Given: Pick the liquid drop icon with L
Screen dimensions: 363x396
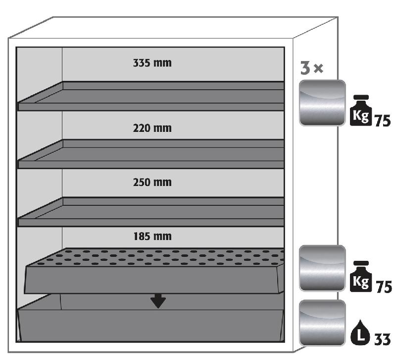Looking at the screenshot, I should point(360,336).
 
